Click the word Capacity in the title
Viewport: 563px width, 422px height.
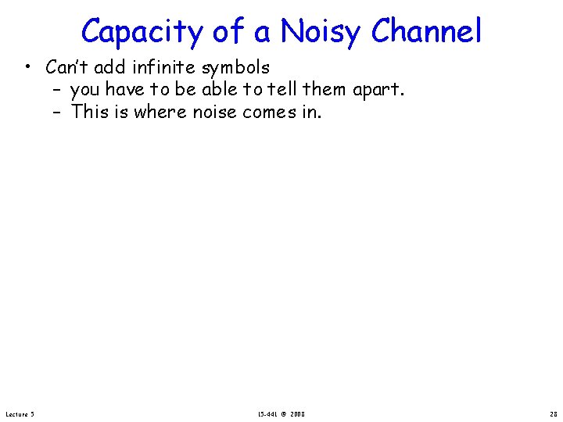click(x=142, y=31)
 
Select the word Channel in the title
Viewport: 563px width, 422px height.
click(x=426, y=31)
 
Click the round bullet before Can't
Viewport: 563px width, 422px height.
click(x=27, y=68)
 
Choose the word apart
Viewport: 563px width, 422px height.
click(x=378, y=91)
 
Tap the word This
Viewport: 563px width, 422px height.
click(x=90, y=111)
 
